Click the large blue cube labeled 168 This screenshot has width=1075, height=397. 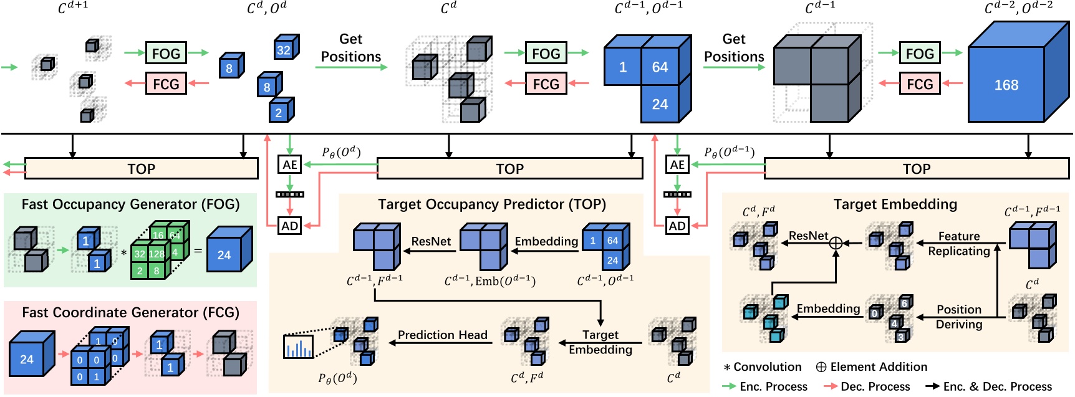pos(1006,85)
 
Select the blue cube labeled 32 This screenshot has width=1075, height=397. pos(284,50)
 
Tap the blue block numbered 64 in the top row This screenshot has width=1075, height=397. pos(660,67)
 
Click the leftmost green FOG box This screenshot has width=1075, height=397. pos(166,54)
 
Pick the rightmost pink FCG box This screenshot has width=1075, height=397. pos(919,84)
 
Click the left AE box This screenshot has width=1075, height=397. pos(290,165)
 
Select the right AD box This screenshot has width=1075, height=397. pos(677,226)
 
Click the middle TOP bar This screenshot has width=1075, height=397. pos(509,169)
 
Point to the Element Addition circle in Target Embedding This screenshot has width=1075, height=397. pos(836,243)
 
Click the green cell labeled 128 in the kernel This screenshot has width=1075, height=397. pos(157,254)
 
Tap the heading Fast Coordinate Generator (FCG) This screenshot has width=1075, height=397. pos(130,312)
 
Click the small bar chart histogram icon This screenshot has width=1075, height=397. pos(298,347)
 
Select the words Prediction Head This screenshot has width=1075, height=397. pos(442,335)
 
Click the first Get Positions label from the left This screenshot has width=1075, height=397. pos(350,48)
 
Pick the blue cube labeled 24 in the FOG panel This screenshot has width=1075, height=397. pos(224,254)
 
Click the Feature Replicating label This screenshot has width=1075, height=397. pos(958,243)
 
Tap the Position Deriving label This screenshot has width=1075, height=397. pos(958,317)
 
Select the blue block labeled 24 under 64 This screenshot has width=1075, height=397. pos(660,104)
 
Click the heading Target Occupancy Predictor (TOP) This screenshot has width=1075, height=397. pos(491,204)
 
